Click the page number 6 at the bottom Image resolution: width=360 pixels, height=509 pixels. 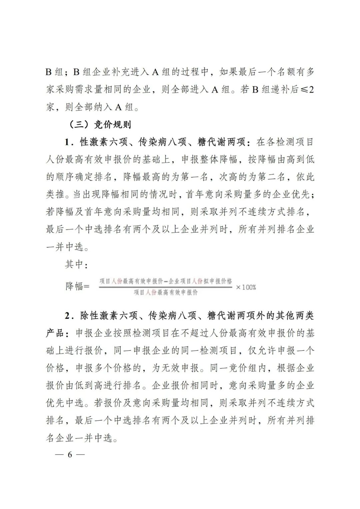tap(70, 455)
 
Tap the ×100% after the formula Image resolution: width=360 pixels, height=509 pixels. tap(246, 287)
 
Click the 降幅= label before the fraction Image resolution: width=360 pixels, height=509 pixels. tap(77, 286)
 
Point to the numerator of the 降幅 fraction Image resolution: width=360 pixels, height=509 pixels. tap(166, 281)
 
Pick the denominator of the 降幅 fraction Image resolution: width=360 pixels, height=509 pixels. tap(166, 293)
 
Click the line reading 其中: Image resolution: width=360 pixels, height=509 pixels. tap(76, 265)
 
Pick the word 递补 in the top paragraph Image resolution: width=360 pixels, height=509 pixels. tap(279, 90)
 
